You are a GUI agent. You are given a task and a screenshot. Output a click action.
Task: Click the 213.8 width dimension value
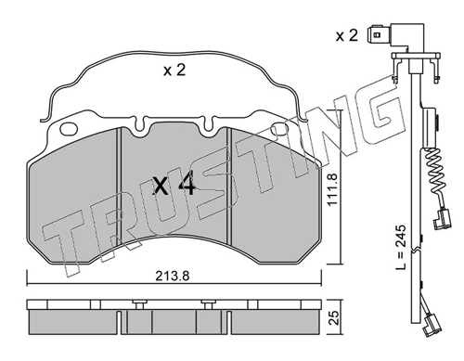point(173,276)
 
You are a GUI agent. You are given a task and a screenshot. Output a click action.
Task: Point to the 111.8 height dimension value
point(332,190)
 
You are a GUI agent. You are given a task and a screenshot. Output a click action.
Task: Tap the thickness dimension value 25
point(333,317)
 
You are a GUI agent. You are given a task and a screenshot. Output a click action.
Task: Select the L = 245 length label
point(401,247)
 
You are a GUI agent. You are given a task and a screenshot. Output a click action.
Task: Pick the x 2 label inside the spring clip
point(174,71)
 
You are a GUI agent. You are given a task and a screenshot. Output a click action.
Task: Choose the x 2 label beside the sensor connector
point(347,36)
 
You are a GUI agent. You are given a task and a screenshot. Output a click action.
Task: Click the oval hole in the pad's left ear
point(69,129)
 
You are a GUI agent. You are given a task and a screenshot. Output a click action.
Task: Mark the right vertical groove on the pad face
point(229,187)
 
